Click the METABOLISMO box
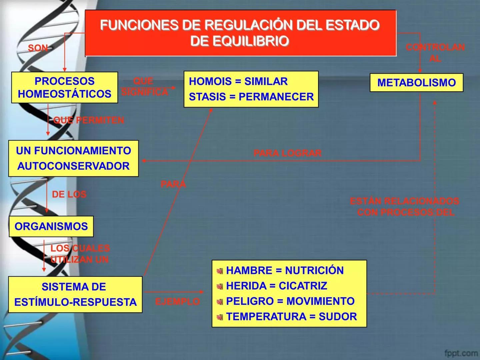pos(416,82)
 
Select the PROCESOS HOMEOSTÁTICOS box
pos(64,87)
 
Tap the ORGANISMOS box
pos(51,226)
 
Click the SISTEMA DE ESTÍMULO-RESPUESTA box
pos(75,294)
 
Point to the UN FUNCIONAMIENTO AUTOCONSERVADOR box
pos(73,158)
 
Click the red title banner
pos(240,33)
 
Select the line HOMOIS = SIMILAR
pos(238,81)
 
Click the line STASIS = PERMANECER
pos(251,97)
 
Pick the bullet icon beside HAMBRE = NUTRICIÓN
pos(220,271)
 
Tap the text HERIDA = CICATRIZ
pos(276,286)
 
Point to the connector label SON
pos(38,48)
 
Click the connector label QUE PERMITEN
pos(89,120)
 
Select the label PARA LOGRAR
pos(287,153)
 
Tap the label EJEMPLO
pos(177,302)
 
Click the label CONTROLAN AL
pos(435,53)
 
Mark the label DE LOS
pos(69,194)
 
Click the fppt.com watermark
pos(461,353)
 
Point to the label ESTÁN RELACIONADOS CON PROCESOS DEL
pos(404,206)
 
